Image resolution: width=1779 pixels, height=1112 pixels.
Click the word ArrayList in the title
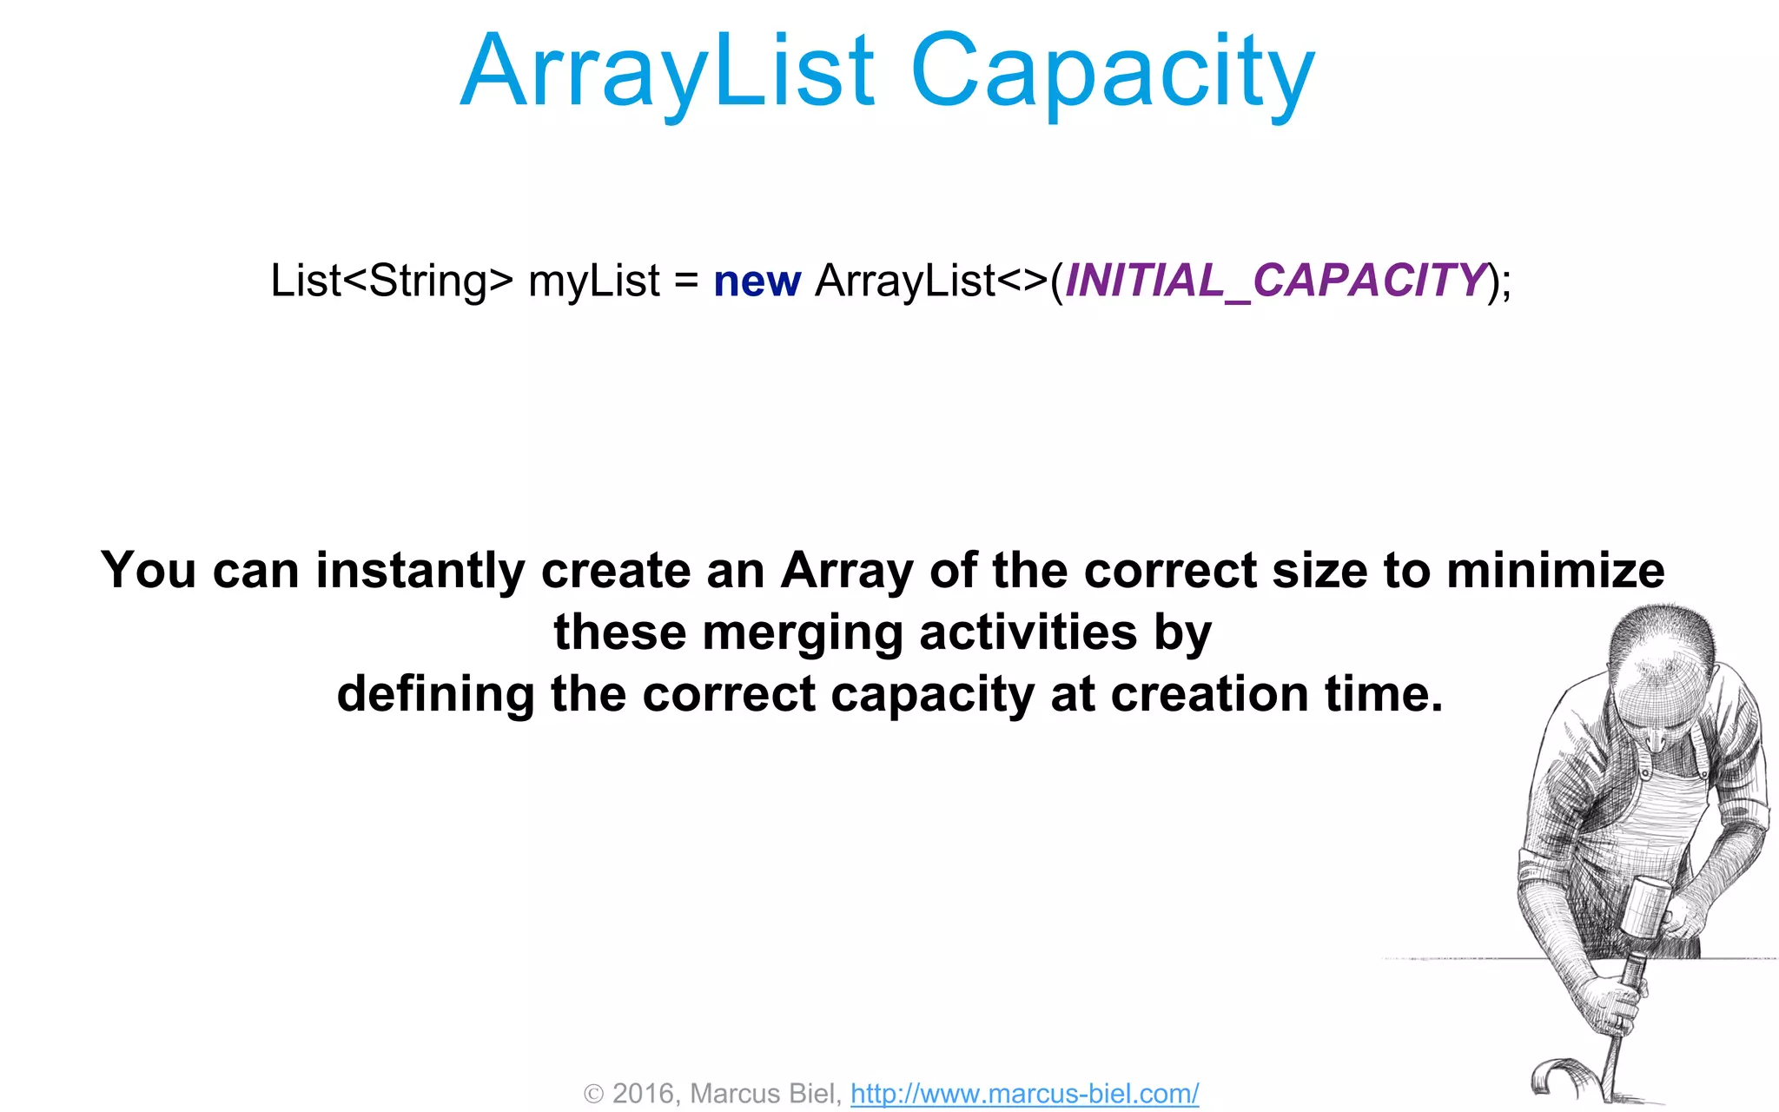click(x=667, y=71)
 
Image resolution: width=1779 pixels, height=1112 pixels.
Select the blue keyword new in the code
click(x=757, y=281)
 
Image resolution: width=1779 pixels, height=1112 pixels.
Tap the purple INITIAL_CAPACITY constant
click(x=1275, y=281)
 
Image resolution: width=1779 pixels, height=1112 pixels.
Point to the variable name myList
click(x=594, y=281)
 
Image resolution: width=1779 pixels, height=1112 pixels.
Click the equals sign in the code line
click(x=686, y=281)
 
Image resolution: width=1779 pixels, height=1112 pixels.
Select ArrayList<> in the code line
click(x=930, y=281)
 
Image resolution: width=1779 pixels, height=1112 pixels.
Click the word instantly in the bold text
click(x=420, y=572)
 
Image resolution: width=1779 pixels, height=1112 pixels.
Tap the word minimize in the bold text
click(x=1555, y=571)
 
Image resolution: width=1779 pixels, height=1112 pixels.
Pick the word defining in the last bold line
click(x=435, y=695)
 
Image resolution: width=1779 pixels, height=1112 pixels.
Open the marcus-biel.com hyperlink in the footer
click(x=1024, y=1093)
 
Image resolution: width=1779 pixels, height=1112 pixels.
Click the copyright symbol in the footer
click(x=593, y=1094)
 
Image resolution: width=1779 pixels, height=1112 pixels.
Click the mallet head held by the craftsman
click(x=1643, y=904)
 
